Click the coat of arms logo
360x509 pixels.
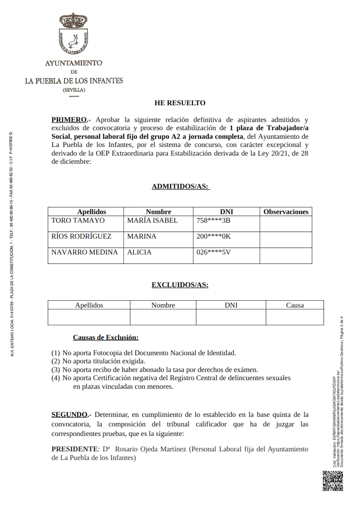coord(74,34)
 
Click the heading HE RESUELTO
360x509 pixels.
coord(180,103)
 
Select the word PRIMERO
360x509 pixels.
coord(69,120)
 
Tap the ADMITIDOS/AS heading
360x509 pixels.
coord(180,186)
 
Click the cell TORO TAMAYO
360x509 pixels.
coord(78,220)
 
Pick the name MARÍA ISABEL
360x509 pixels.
coord(153,220)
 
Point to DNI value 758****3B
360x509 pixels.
coord(214,220)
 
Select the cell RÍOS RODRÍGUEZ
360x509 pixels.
coord(81,236)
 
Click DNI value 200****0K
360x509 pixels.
coord(214,236)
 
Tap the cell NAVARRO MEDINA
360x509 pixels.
coord(84,252)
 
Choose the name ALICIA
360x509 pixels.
coord(139,252)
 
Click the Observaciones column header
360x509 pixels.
coord(286,212)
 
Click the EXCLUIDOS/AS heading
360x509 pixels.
coord(180,285)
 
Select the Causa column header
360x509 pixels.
coord(295,305)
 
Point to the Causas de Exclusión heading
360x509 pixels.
coord(106,338)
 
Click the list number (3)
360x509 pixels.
coord(55,369)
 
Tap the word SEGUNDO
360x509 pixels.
coord(69,415)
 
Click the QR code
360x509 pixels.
coord(332,481)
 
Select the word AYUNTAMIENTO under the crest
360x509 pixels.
coord(74,63)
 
